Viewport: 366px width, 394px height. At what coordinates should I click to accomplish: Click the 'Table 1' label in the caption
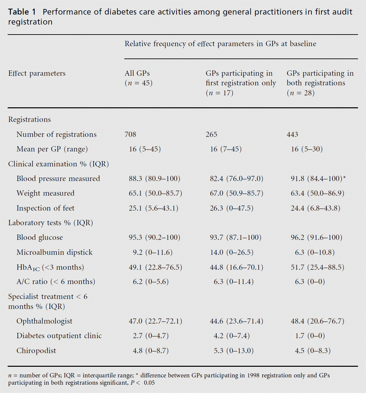22,12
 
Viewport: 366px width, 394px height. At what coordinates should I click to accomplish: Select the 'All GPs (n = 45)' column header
138,78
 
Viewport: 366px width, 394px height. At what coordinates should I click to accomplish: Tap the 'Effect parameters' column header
37,73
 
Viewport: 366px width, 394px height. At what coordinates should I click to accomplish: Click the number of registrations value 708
130,135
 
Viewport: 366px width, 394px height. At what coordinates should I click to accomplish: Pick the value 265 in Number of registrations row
211,135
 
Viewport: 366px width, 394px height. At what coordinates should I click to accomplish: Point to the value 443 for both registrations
293,135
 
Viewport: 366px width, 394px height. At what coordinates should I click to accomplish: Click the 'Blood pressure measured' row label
58,179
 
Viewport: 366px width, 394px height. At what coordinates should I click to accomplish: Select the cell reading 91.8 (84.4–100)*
318,179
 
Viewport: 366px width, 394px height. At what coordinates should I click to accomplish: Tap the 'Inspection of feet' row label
46,208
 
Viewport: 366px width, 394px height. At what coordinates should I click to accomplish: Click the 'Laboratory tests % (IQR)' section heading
51,223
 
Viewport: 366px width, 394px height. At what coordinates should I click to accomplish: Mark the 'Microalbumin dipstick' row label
55,252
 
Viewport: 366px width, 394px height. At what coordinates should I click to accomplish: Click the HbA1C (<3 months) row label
50,267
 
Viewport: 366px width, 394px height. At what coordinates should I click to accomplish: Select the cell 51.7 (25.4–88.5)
317,267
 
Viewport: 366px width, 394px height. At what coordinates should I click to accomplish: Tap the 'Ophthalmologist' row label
44,321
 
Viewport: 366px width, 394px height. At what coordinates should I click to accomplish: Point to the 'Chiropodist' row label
36,351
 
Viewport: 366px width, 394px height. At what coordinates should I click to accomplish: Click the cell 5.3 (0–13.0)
233,351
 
